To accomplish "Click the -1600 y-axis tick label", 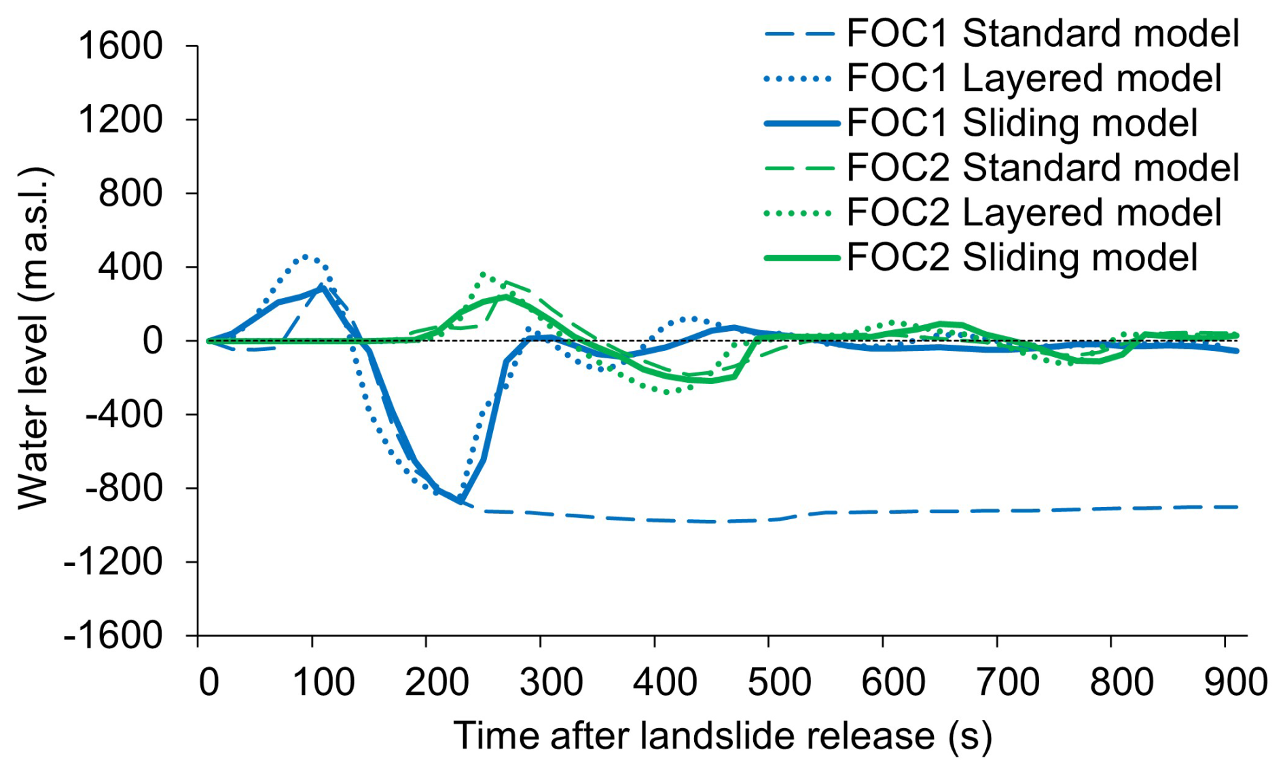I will [113, 636].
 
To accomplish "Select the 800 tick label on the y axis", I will [130, 193].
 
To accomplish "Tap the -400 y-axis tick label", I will [123, 414].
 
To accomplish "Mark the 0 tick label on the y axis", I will [152, 340].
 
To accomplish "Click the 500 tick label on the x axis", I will [779, 681].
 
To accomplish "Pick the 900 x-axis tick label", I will [1235, 681].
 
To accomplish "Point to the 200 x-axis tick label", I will [437, 681].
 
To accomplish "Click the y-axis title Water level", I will [34, 338].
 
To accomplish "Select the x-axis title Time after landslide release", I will [722, 736].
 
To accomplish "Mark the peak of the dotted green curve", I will [483, 274].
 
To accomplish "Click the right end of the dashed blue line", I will [1236, 507].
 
